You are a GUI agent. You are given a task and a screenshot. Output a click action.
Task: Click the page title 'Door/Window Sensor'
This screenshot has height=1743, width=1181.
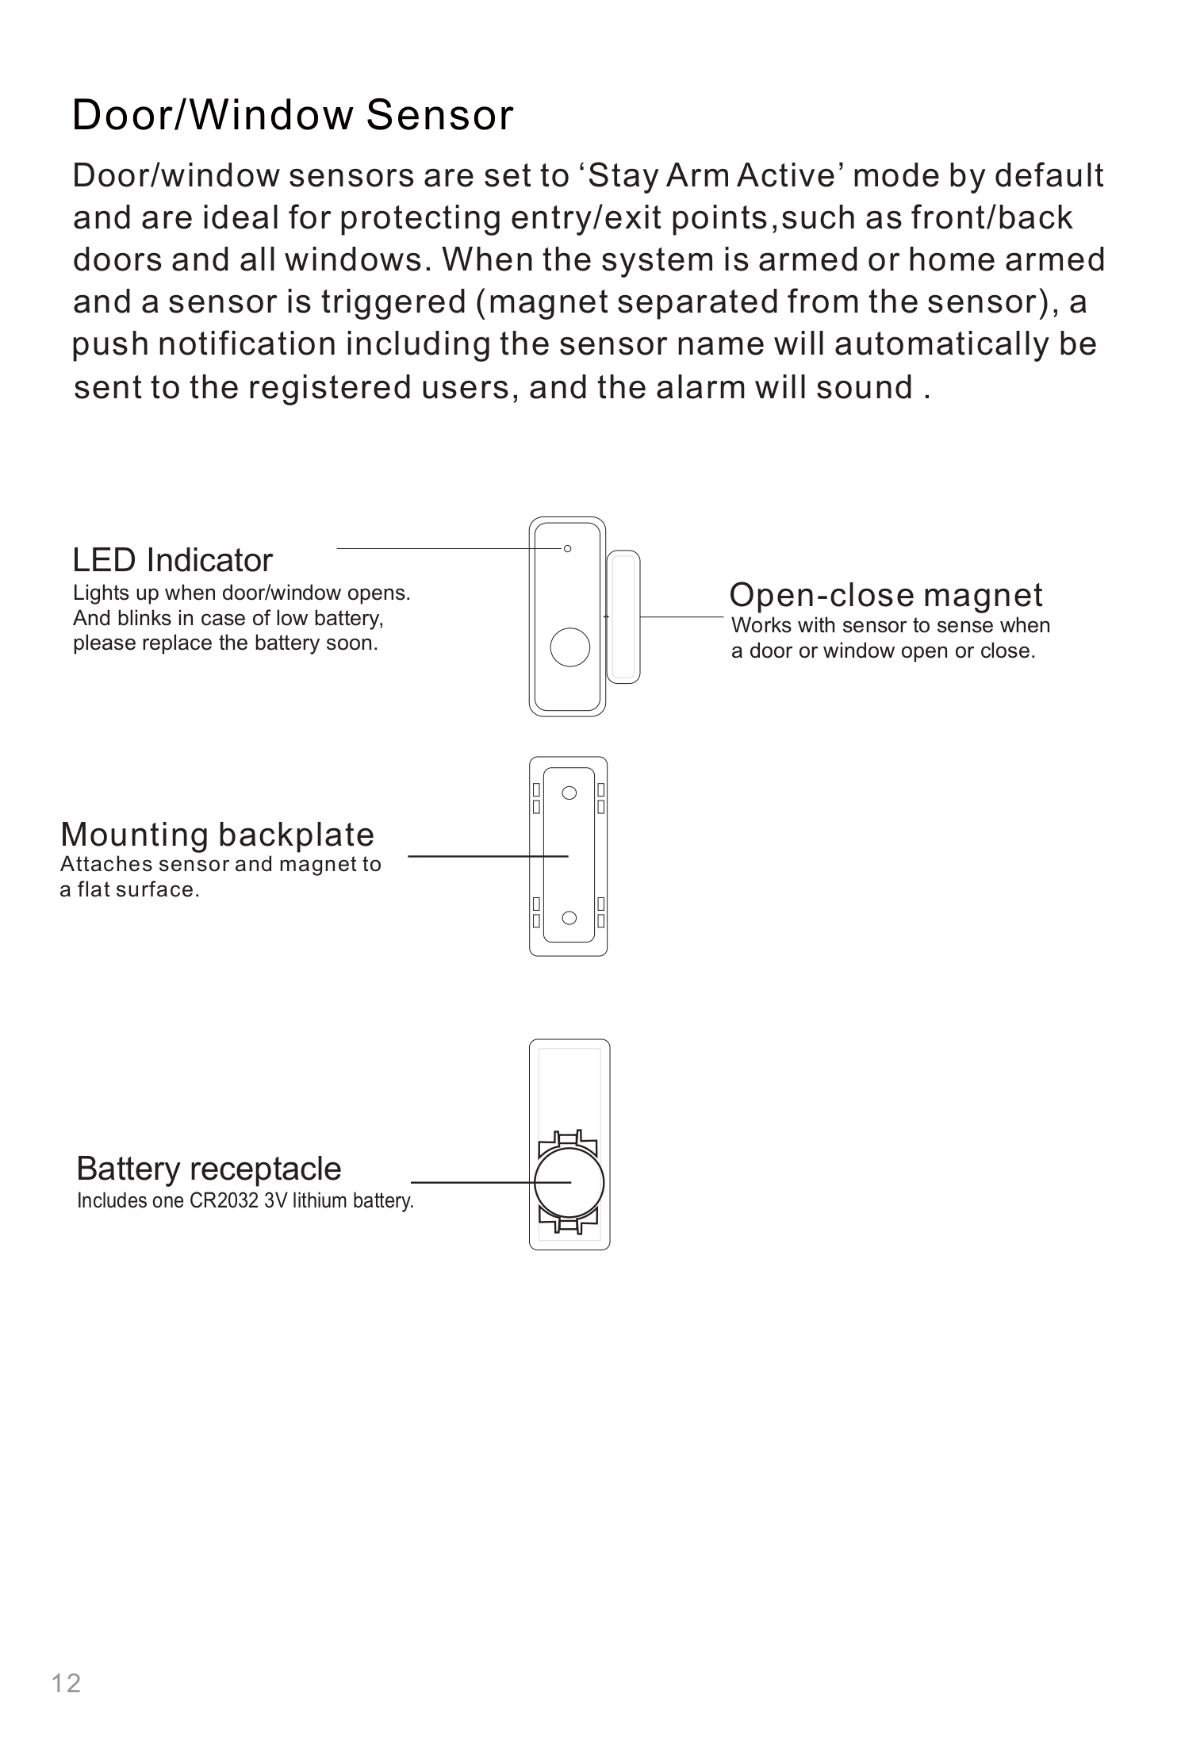(292, 115)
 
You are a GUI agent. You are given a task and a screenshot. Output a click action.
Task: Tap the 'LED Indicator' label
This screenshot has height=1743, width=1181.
(172, 560)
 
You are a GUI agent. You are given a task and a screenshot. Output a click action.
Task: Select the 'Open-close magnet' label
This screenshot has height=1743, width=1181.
(885, 594)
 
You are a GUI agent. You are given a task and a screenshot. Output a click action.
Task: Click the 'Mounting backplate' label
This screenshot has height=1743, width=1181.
(217, 835)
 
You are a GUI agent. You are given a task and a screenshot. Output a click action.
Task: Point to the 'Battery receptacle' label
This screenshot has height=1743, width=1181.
(209, 1169)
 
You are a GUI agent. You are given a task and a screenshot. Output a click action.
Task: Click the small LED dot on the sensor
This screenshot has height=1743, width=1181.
(567, 548)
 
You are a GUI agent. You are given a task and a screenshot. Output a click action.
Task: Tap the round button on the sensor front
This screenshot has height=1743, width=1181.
(569, 647)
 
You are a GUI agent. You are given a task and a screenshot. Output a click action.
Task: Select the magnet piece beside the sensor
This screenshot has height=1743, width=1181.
(623, 616)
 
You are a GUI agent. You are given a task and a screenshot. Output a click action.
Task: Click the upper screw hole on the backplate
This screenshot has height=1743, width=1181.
(569, 793)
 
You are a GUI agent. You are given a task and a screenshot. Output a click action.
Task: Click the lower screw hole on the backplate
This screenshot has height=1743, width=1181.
(569, 918)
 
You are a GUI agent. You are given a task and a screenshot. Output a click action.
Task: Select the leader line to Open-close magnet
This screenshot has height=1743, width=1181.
(682, 616)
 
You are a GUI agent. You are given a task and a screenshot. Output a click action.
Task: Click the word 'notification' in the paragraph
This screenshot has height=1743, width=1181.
(247, 344)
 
